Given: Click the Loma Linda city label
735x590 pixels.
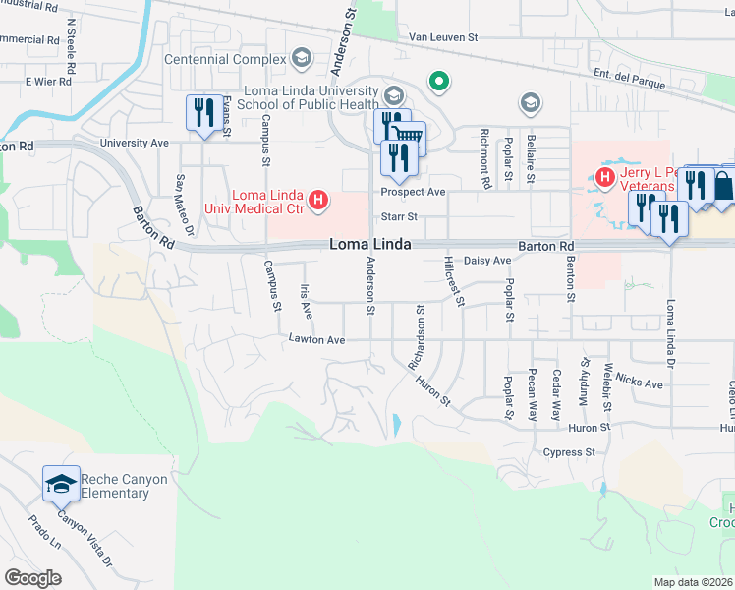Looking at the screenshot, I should coord(369,244).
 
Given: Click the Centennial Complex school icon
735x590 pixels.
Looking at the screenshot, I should coord(302,59).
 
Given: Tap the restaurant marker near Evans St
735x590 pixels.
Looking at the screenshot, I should coord(203,113).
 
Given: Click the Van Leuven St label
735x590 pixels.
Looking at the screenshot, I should coord(442,37).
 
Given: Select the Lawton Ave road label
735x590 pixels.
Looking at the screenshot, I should coord(316,340).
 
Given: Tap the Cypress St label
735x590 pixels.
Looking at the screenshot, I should coord(571,452).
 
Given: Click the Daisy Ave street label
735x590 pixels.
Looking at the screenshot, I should coord(487,261).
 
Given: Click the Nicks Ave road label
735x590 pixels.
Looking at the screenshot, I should coord(640,381).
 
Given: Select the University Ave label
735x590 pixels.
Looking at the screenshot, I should coord(142,143).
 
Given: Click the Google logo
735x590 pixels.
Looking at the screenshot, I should coord(33,577).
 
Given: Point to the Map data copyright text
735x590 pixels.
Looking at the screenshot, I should coord(694,582).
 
